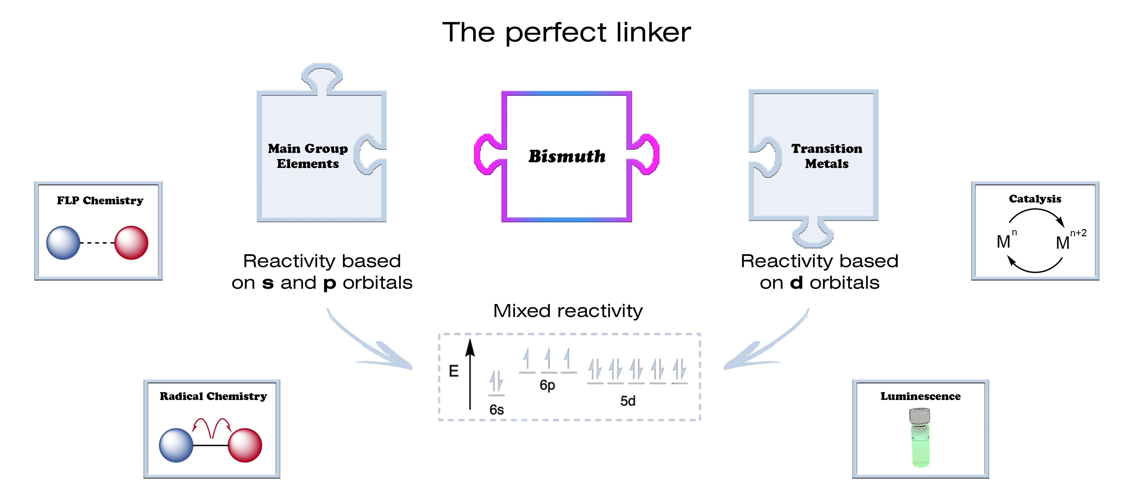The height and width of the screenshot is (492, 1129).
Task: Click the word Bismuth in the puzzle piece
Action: [567, 156]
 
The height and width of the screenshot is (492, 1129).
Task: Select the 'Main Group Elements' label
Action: [308, 156]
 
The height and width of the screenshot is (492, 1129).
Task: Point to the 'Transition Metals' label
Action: [827, 156]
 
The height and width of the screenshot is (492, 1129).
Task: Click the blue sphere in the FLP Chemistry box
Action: [63, 243]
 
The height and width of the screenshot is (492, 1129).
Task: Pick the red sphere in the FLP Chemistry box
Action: [131, 243]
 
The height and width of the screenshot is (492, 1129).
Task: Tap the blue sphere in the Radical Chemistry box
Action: [176, 445]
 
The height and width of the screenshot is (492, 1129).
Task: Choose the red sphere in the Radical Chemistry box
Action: [245, 445]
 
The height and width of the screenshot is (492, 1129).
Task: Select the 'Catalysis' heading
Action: [1035, 199]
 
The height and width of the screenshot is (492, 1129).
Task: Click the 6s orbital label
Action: [497, 410]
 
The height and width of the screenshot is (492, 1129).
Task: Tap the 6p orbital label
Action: [547, 385]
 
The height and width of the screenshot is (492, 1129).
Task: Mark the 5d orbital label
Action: [628, 401]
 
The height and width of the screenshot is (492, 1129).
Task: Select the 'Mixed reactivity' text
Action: [568, 311]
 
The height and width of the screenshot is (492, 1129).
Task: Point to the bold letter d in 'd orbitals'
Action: [796, 283]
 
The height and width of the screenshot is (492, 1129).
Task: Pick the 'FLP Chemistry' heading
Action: [100, 201]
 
